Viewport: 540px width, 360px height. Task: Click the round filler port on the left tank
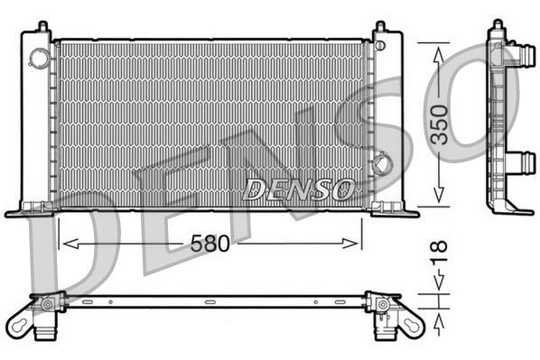click(40, 58)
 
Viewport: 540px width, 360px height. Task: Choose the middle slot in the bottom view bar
click(209, 302)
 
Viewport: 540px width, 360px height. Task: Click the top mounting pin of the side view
click(496, 27)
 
